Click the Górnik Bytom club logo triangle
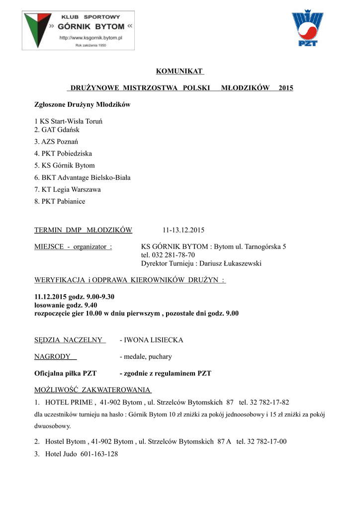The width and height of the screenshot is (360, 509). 35,29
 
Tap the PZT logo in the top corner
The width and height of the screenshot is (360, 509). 307,29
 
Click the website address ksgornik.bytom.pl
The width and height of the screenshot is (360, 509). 91,37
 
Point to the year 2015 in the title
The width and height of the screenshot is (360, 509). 286,88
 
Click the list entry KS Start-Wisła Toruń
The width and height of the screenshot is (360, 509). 69,121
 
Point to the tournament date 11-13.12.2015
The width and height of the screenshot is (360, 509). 183,230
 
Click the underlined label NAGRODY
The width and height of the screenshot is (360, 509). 52,356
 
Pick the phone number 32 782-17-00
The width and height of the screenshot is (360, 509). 268,441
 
